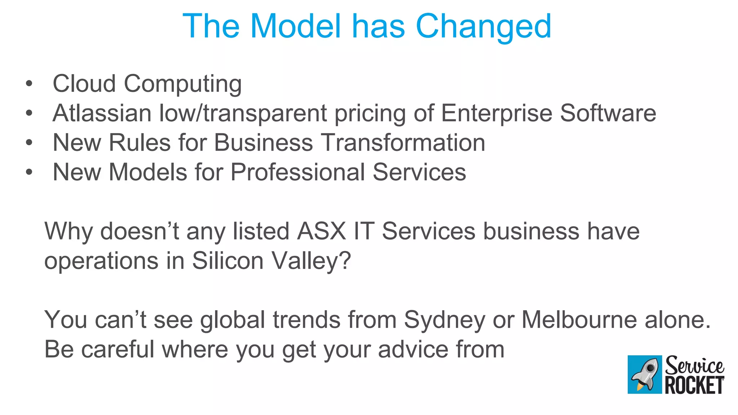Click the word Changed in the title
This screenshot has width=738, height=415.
pyautogui.click(x=483, y=26)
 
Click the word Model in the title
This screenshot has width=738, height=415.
pyautogui.click(x=295, y=26)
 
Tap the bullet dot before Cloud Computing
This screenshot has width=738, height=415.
pyautogui.click(x=29, y=84)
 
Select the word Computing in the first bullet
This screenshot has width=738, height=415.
pyautogui.click(x=183, y=84)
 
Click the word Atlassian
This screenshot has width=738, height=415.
pyautogui.click(x=102, y=113)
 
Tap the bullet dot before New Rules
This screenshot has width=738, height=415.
pyautogui.click(x=29, y=143)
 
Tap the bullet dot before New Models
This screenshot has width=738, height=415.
pyautogui.click(x=29, y=173)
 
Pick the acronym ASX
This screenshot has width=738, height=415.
pyautogui.click(x=321, y=231)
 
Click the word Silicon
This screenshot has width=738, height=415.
pyautogui.click(x=228, y=260)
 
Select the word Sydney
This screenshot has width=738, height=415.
pyautogui.click(x=444, y=320)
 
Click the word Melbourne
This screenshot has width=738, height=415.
pyautogui.click(x=579, y=320)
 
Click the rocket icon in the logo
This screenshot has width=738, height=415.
pyautogui.click(x=645, y=374)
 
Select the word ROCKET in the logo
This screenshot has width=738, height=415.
pyautogui.click(x=694, y=385)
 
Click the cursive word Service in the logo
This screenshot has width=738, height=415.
pyautogui.click(x=694, y=365)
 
